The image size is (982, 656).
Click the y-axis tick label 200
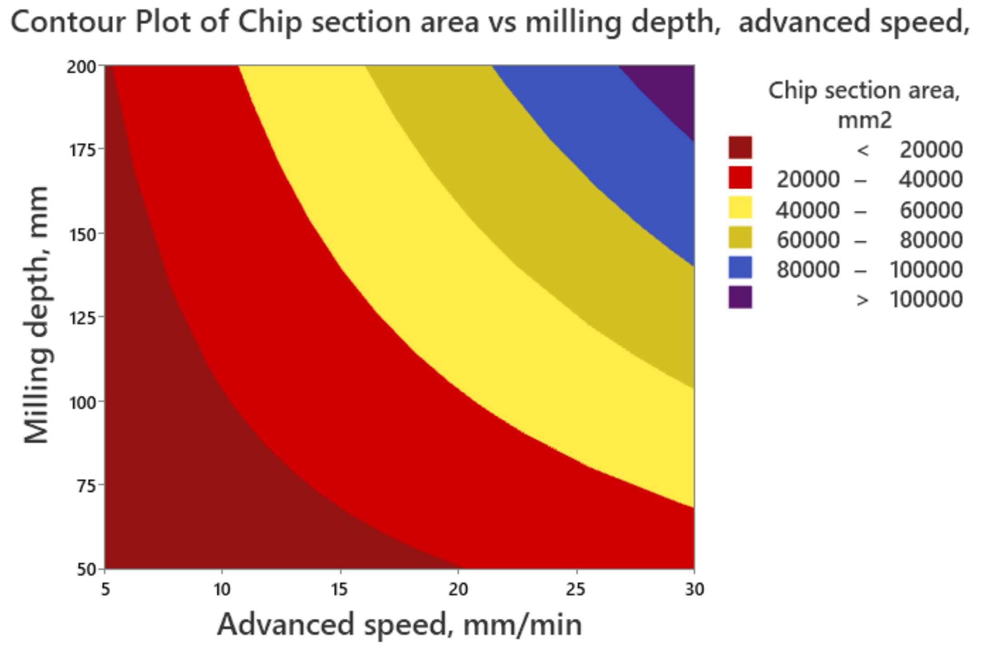[x=82, y=67]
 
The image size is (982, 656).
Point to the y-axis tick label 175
[x=82, y=150]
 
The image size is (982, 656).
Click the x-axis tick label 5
[x=105, y=589]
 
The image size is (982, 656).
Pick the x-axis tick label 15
[x=340, y=589]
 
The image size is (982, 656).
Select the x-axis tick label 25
[x=575, y=589]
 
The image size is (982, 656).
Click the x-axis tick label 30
[x=694, y=589]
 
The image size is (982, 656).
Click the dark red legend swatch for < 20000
[x=740, y=147]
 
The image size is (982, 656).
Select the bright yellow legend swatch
[x=740, y=208]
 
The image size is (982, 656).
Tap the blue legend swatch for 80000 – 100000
[x=740, y=268]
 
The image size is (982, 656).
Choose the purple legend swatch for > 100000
[x=740, y=298]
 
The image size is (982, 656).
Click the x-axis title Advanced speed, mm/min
[x=399, y=625]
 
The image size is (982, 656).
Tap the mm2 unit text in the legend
[x=864, y=120]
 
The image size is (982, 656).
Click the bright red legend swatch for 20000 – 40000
[x=740, y=177]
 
